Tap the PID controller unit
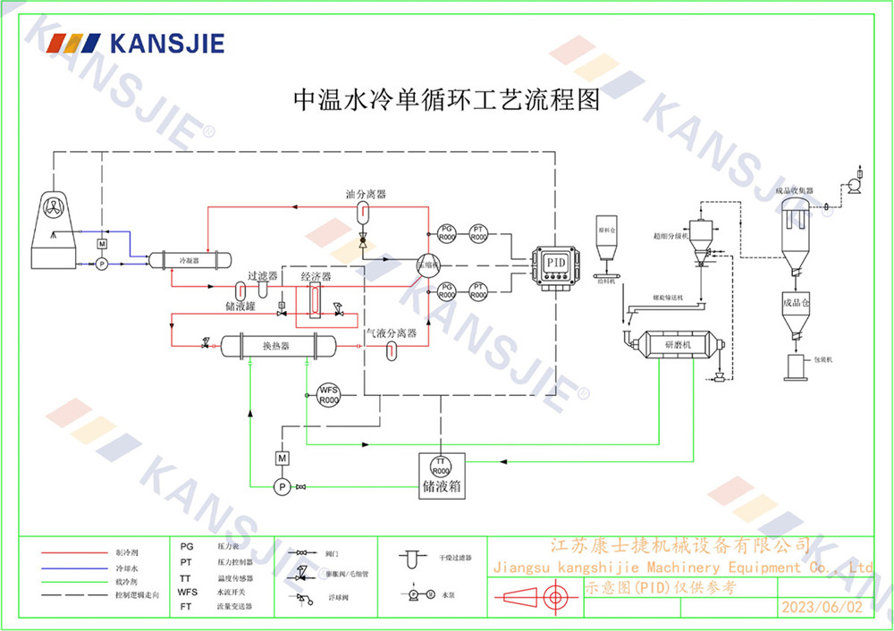(556, 265)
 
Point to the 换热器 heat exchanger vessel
(277, 345)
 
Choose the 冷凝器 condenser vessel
(190, 259)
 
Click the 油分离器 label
(366, 194)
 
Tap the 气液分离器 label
(391, 332)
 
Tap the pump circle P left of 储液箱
(282, 486)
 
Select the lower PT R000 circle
(479, 290)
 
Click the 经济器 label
(316, 277)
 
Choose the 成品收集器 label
(794, 190)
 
